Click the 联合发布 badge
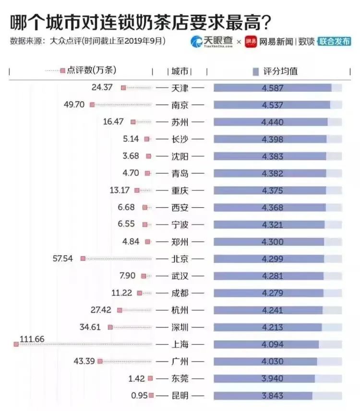pos(335,42)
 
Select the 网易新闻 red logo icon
pos(251,42)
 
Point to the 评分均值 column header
pos(280,71)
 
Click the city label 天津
pos(180,88)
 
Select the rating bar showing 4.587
pos(272,88)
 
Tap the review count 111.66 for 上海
pos(32,340)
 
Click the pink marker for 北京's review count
pos(83,258)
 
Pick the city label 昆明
pos(180,396)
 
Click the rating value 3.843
pos(272,396)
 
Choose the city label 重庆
pos(180,190)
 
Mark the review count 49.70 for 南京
pos(74,104)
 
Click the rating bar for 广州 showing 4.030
pos(265,361)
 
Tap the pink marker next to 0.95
pos(151,396)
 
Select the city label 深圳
pos(180,327)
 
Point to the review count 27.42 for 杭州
pos(101,310)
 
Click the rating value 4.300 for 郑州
pos(272,242)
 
